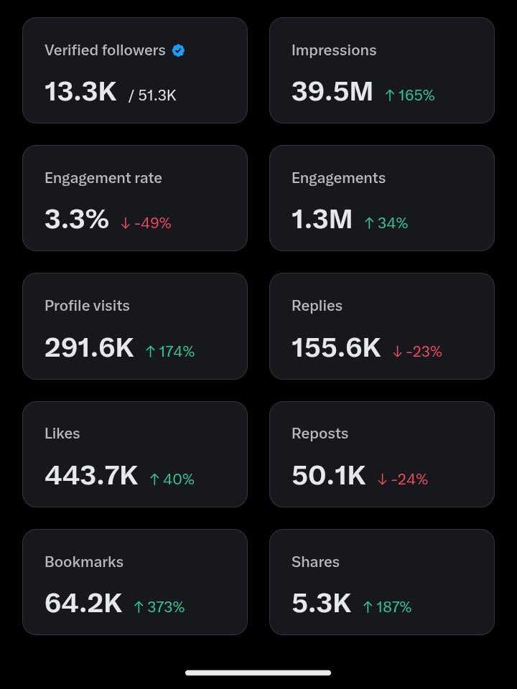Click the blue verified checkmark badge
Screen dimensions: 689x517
point(179,50)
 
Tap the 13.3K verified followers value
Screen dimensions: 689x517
point(80,92)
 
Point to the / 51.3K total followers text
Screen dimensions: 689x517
point(152,95)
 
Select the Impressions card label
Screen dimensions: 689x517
point(334,50)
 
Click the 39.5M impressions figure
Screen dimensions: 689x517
point(332,92)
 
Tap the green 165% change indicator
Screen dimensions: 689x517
point(410,95)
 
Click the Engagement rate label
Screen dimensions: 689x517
point(103,178)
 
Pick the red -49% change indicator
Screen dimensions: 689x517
point(146,223)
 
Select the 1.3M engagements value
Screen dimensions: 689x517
point(322,220)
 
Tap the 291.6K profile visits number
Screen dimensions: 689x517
point(89,348)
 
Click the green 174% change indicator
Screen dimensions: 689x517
point(170,352)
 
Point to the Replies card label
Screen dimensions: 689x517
point(317,306)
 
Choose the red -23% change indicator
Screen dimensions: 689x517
point(417,352)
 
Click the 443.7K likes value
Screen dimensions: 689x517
point(91,476)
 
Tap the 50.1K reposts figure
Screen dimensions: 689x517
point(329,476)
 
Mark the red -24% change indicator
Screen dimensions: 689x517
point(403,479)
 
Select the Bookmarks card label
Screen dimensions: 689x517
point(84,562)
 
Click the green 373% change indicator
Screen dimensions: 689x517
point(159,607)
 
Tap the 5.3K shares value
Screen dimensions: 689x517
point(322,604)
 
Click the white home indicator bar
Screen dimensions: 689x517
point(258,672)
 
